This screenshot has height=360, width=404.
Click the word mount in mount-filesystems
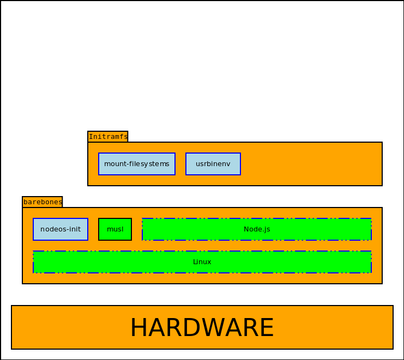[113, 164]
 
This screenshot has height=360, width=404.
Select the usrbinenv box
[213, 164]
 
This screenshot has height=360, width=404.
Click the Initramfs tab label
[108, 137]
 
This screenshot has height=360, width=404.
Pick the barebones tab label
[43, 202]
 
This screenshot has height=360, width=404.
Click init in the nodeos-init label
[75, 229]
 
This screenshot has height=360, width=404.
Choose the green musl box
[115, 229]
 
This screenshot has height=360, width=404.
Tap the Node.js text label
[257, 229]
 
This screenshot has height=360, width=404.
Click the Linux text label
[202, 262]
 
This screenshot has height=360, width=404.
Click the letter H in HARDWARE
[140, 328]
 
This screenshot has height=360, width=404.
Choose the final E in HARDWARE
[268, 328]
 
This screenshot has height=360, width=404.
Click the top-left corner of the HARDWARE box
[11, 306]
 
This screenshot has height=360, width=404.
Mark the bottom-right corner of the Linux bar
[371, 273]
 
